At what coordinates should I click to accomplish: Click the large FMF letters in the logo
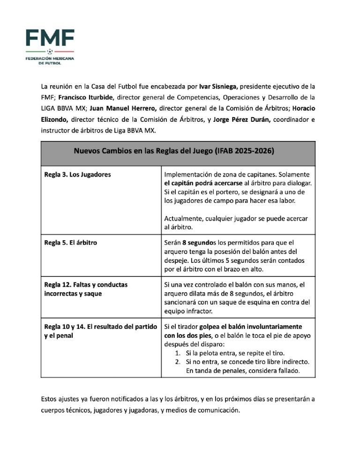(x=50, y=37)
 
